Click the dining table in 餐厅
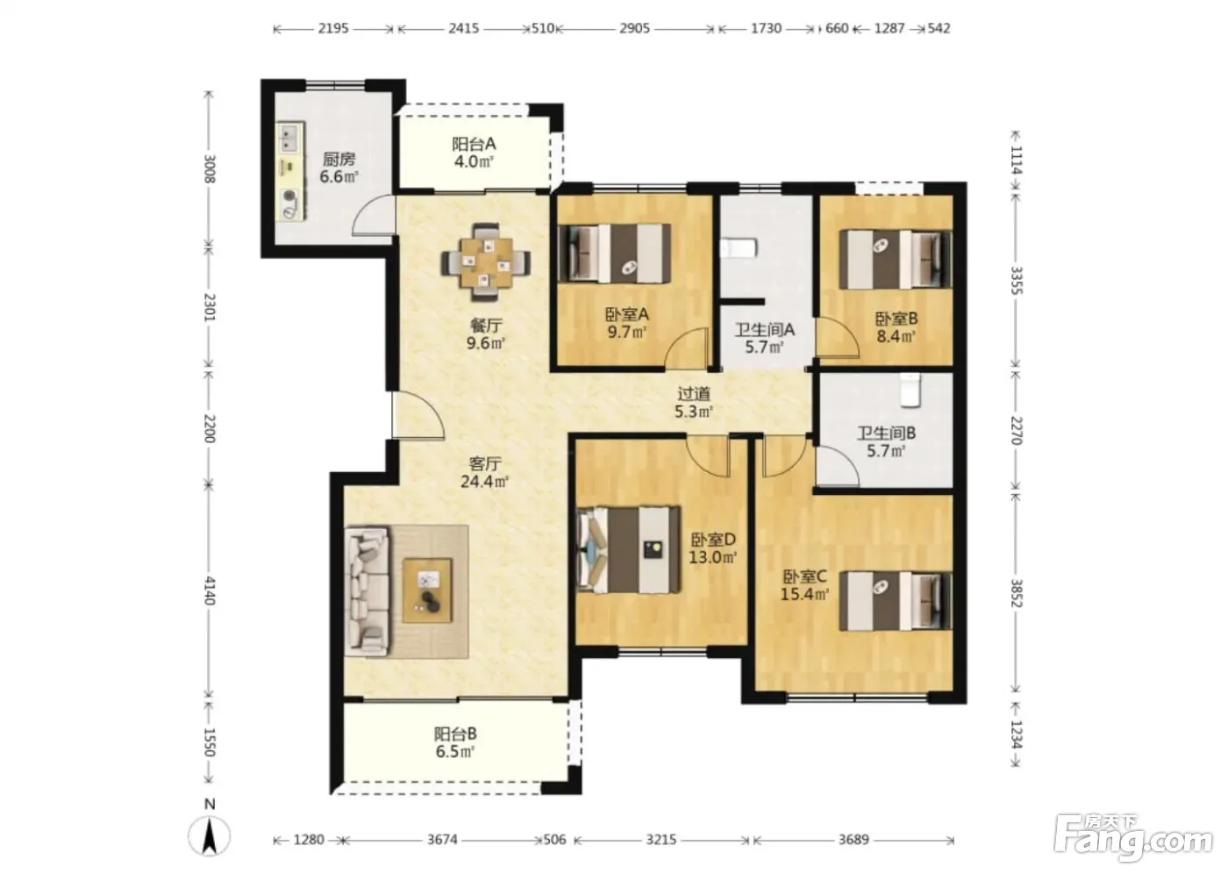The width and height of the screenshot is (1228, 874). tap(486, 262)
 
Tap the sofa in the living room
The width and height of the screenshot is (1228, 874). tap(368, 591)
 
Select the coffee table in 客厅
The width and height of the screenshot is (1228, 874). tap(428, 591)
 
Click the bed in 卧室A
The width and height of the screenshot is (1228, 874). tap(615, 253)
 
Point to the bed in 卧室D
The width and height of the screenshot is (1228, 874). tap(628, 549)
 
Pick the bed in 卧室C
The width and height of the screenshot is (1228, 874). tap(896, 601)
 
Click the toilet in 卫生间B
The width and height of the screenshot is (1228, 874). tap(910, 390)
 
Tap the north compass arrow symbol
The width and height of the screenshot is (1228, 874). tap(209, 836)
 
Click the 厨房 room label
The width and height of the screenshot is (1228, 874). tap(339, 160)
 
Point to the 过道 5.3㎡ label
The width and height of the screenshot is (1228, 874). tap(694, 402)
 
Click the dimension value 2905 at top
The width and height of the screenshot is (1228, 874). tap(635, 28)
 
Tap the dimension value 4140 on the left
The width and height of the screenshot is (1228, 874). tap(210, 590)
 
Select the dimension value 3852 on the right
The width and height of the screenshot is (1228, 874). tap(1017, 593)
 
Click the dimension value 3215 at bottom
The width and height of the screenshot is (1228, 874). tap(660, 840)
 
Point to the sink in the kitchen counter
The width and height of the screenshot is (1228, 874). tap(289, 138)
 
